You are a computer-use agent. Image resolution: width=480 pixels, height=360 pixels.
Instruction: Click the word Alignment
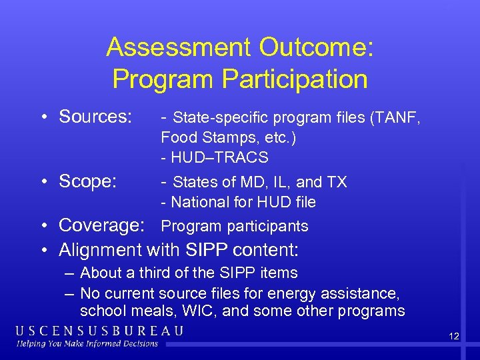101,250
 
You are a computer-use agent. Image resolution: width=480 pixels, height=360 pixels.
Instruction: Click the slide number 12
454,336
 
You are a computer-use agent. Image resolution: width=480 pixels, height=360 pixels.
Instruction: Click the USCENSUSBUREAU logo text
100,331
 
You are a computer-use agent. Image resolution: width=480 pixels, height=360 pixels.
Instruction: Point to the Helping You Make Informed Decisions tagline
87,344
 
